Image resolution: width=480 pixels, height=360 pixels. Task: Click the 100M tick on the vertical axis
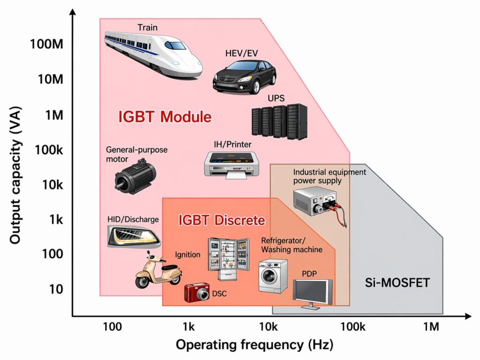pos(46,45)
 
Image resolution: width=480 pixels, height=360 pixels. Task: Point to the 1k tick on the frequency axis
pos(189,326)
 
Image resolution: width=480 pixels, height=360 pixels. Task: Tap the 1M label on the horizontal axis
pos(431,326)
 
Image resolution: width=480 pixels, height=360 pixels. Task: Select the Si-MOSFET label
pos(397,283)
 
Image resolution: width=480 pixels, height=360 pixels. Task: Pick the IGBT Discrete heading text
pos(222,220)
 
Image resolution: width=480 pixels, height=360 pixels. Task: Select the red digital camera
pos(196,293)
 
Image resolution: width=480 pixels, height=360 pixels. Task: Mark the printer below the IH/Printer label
pos(232,163)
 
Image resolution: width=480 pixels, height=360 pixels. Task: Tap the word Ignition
pos(187,255)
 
